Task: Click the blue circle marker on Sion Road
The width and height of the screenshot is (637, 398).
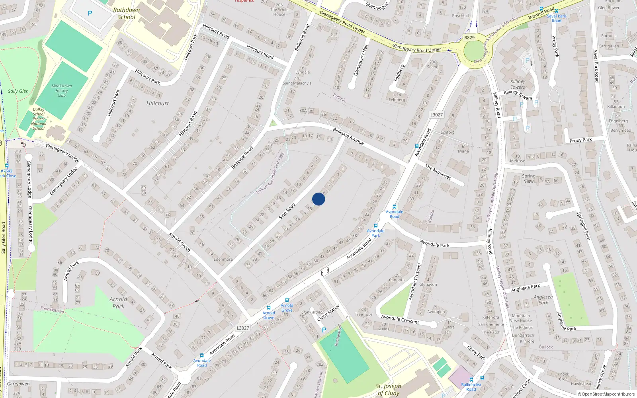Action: point(318,199)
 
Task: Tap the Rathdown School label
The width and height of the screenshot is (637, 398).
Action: point(127,14)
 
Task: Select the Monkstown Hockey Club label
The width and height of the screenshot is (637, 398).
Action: point(62,90)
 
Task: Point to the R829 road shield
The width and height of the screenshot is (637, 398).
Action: point(469,37)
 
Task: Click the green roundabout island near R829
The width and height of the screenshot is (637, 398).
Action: point(473,52)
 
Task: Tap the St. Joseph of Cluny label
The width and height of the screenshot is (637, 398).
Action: point(388,389)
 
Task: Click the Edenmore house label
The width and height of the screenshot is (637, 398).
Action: point(223,259)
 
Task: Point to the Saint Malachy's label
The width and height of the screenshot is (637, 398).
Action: point(297,83)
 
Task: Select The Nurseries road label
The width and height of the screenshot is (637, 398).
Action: point(438,172)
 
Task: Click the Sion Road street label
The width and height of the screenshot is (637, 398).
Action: point(287,211)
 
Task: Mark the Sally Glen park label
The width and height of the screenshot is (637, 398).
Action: point(18,91)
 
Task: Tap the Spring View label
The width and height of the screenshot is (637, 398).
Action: point(529,178)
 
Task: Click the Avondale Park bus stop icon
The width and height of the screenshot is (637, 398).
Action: point(375,226)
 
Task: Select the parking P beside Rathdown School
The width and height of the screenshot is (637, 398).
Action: point(90,13)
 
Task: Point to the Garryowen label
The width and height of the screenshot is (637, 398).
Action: point(18,384)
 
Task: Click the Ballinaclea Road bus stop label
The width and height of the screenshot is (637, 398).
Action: point(471,387)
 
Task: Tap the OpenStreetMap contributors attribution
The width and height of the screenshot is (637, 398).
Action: point(606,394)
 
